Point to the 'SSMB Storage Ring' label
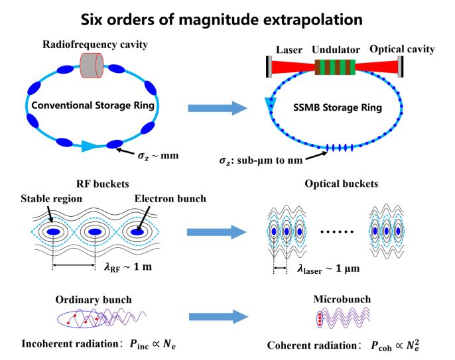pos(334,107)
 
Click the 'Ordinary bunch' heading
pos(101,300)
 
